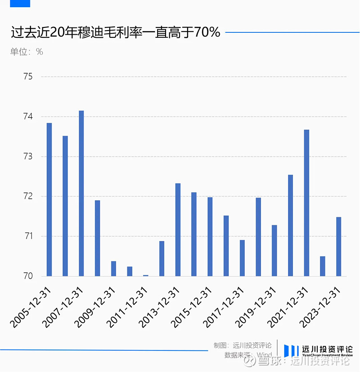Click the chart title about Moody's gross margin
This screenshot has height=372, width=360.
tap(115, 32)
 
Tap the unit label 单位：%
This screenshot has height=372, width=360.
tap(27, 52)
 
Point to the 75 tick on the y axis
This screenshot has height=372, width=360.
tap(28, 76)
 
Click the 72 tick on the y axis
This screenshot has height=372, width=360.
tap(28, 196)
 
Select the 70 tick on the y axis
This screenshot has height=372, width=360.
tap(28, 276)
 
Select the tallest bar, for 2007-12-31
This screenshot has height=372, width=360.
tap(81, 193)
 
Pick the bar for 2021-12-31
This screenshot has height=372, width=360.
tap(306, 203)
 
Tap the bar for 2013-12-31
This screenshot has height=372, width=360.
tap(178, 230)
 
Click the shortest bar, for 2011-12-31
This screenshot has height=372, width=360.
tap(146, 275)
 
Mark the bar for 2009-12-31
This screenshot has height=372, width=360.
tap(113, 269)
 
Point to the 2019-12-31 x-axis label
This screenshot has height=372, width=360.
tap(256, 306)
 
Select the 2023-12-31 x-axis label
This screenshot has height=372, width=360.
tap(320, 306)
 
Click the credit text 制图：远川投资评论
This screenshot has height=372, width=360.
tap(243, 345)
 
